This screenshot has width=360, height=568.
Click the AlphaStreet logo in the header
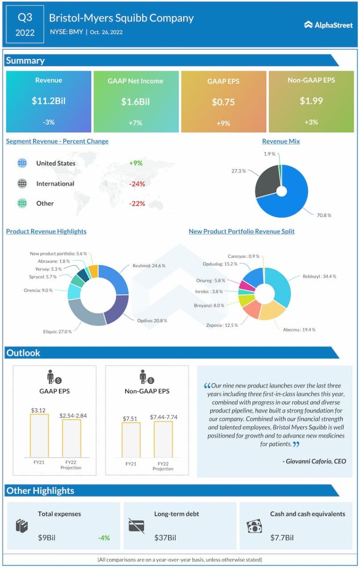click(329, 25)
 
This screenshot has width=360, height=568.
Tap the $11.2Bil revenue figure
click(48, 101)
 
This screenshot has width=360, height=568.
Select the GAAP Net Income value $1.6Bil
click(135, 102)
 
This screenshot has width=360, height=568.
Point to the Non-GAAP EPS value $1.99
click(311, 101)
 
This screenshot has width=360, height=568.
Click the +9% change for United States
click(135, 164)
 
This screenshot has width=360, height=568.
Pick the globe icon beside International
click(22, 184)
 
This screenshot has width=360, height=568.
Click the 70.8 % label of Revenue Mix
click(323, 215)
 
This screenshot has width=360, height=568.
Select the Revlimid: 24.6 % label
click(149, 266)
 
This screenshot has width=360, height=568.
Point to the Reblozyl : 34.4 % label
click(319, 277)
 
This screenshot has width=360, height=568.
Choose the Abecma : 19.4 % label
click(299, 329)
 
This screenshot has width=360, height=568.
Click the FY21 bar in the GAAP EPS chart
click(39, 435)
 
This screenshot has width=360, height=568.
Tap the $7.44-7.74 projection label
click(163, 417)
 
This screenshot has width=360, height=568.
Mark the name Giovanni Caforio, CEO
click(315, 461)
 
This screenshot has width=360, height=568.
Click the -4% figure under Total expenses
click(104, 538)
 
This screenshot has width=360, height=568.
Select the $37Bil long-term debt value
click(165, 538)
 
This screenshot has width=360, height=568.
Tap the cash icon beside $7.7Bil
click(254, 526)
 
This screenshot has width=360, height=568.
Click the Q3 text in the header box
click(25, 18)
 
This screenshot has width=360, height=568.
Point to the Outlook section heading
click(23, 353)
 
